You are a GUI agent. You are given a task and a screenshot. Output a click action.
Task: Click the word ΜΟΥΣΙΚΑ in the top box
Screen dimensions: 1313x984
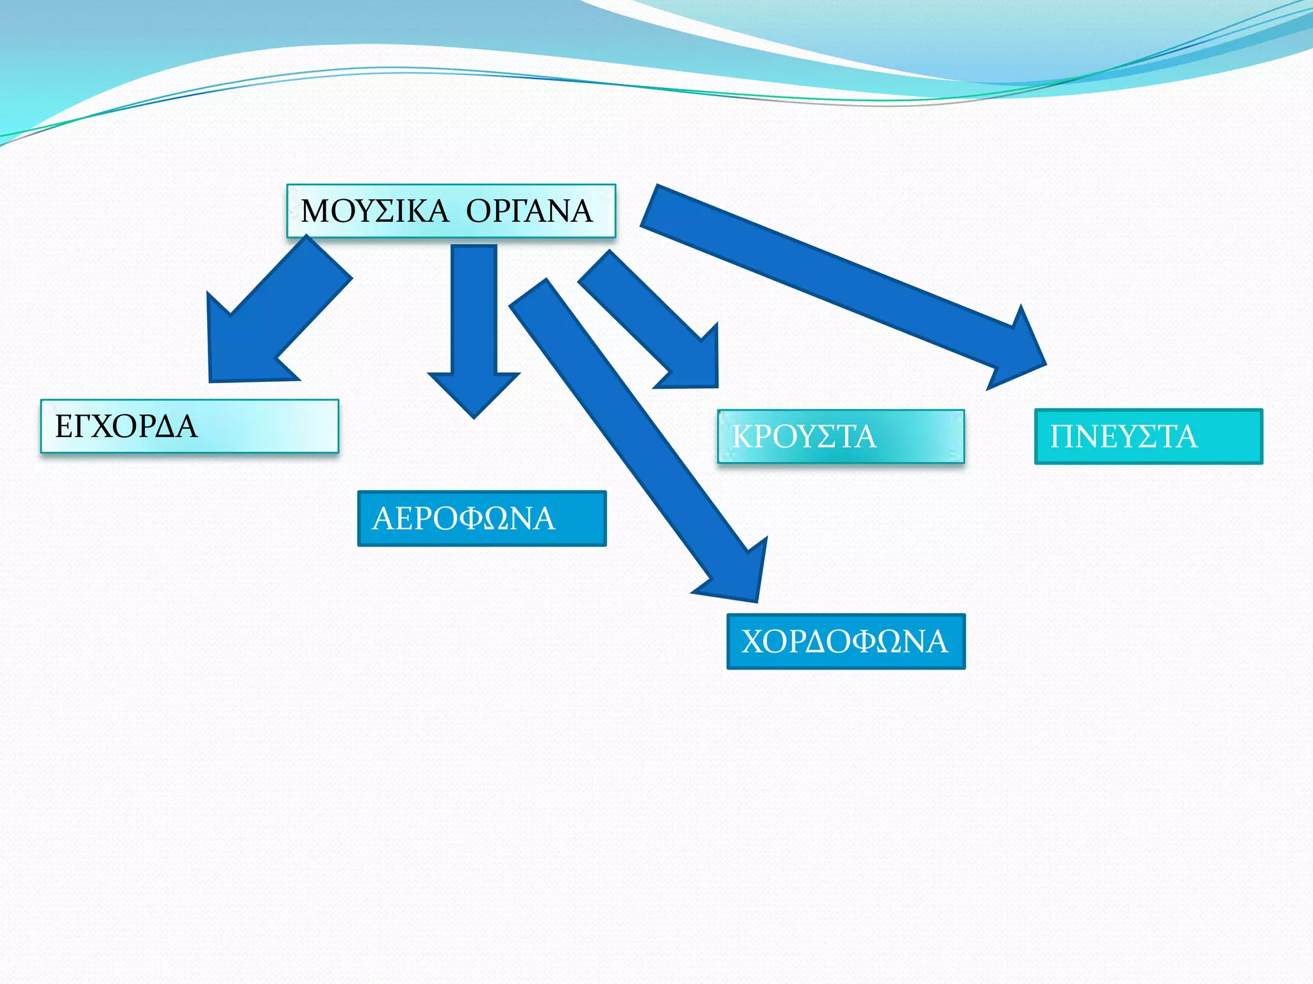coord(374,211)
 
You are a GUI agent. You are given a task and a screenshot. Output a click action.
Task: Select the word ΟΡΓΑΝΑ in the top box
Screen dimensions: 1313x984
coord(529,211)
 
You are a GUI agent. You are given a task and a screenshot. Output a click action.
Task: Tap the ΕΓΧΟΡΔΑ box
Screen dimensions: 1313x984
coord(189,427)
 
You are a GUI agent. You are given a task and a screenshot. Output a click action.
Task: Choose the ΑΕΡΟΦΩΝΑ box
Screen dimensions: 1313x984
coord(481,518)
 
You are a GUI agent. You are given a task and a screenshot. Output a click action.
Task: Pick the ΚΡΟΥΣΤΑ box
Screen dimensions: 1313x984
coord(840,436)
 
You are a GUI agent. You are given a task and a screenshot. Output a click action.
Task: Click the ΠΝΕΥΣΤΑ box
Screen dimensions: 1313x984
coord(1148,436)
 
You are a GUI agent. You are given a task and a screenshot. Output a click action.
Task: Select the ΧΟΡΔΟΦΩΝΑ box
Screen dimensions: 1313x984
coord(846,641)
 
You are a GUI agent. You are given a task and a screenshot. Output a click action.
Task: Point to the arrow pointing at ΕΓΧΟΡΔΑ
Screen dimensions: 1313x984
coord(276,314)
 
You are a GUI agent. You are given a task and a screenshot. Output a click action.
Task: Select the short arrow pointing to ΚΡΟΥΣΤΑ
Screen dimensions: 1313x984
coord(648,314)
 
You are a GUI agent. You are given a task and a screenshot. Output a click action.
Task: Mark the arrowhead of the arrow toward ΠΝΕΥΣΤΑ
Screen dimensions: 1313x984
coord(1013,352)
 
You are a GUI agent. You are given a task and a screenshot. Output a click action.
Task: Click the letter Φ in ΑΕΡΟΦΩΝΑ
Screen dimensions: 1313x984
coord(471,518)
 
